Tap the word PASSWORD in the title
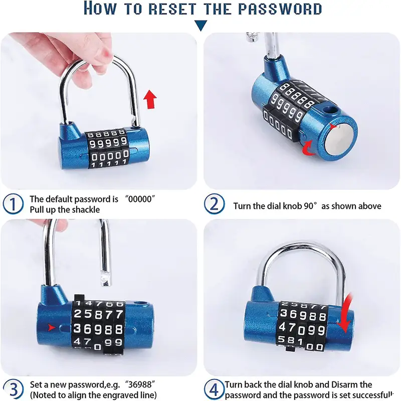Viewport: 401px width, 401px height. (x=280, y=9)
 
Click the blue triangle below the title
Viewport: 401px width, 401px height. (x=201, y=26)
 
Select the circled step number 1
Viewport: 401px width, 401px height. (x=13, y=204)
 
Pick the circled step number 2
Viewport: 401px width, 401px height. (x=215, y=204)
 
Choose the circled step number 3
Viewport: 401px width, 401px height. (x=14, y=389)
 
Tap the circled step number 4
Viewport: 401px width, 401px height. (x=215, y=389)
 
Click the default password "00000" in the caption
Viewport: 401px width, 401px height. (x=140, y=199)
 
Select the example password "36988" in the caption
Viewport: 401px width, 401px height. (x=140, y=384)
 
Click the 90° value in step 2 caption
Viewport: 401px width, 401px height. (x=311, y=206)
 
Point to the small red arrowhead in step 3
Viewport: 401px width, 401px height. (x=52, y=327)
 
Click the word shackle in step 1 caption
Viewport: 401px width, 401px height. (x=86, y=210)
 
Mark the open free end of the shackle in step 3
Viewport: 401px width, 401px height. (x=106, y=281)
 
